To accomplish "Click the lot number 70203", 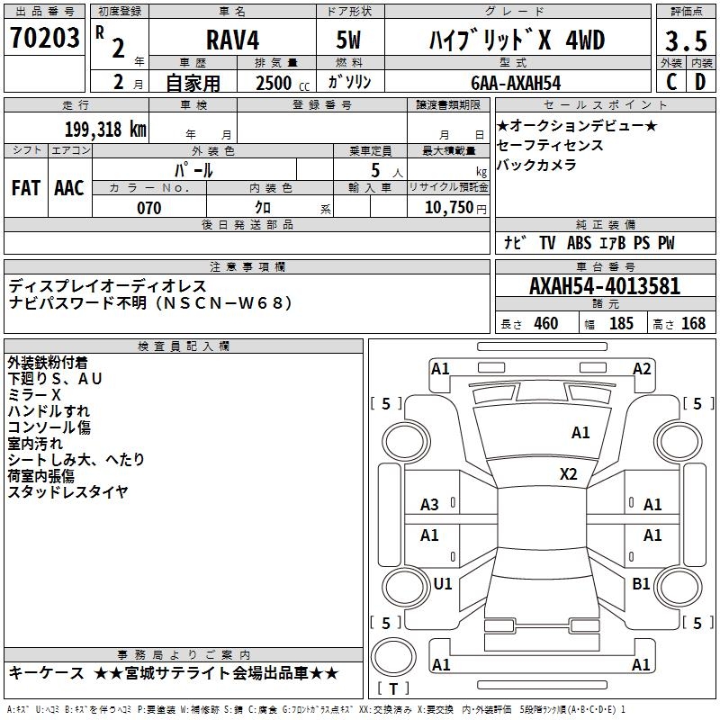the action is (x=45, y=38).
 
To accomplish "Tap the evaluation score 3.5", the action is (x=686, y=40).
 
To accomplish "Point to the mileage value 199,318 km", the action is (x=105, y=129).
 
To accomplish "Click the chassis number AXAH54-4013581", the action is (x=605, y=286).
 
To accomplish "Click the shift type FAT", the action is (x=26, y=187).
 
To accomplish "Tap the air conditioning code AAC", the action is (x=69, y=187).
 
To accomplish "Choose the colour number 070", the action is (x=148, y=208).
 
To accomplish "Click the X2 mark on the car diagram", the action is (x=569, y=473).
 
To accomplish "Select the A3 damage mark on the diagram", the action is (x=430, y=505).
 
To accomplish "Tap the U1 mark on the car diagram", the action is (x=443, y=584).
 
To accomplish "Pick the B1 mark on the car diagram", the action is (x=641, y=584).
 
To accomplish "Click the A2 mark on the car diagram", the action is (x=642, y=368).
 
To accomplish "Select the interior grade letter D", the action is (x=700, y=82).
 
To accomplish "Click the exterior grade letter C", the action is (x=670, y=82).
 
